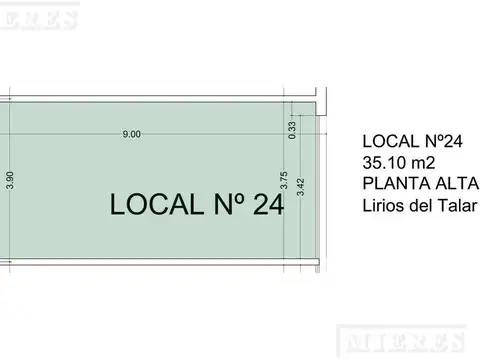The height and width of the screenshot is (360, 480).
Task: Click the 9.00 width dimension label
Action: tap(132, 134)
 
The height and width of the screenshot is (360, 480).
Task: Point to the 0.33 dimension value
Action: tap(292, 128)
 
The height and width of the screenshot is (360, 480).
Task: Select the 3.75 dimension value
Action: tap(284, 181)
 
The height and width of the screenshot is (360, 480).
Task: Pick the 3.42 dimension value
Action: tap(301, 186)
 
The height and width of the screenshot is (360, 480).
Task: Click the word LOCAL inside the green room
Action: tap(154, 204)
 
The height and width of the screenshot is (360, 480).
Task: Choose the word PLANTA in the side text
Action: tap(392, 184)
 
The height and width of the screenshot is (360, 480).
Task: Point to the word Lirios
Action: tap(381, 206)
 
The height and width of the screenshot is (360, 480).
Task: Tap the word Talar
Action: tap(457, 206)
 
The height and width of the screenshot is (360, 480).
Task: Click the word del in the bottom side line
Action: tap(419, 206)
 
